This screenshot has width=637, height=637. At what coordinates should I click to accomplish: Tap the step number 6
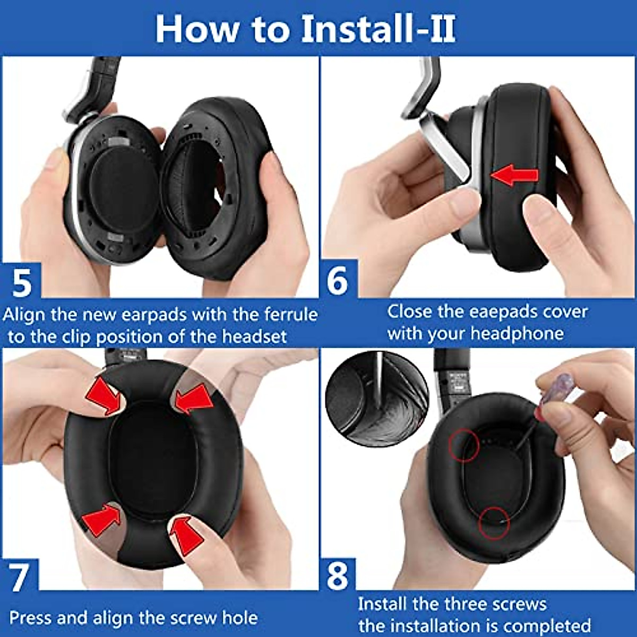pyautogui.click(x=338, y=280)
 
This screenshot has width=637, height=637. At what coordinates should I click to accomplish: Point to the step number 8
pyautogui.click(x=338, y=576)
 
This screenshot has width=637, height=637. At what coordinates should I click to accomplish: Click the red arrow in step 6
pyautogui.click(x=514, y=175)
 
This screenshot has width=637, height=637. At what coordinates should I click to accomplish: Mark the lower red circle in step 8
pyautogui.click(x=494, y=523)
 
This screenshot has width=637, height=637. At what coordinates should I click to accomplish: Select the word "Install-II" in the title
pyautogui.click(x=378, y=29)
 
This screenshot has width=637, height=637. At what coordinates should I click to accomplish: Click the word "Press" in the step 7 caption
pyautogui.click(x=31, y=618)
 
